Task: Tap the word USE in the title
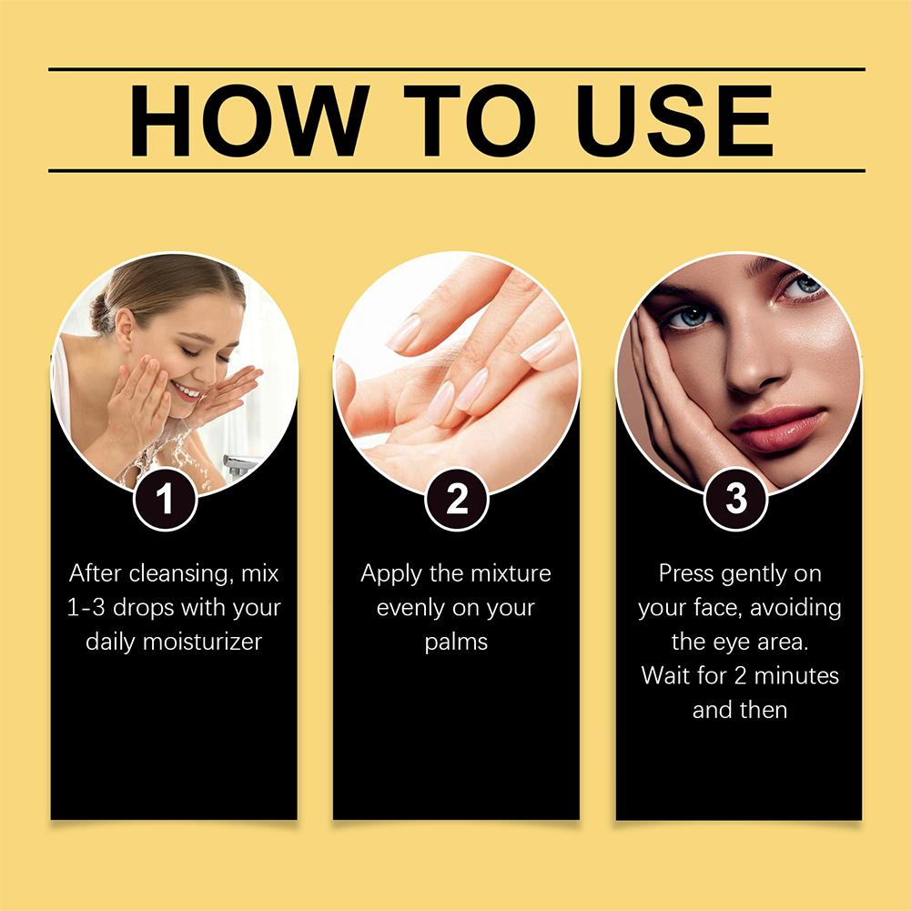pos(674,121)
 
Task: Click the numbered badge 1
pos(165,499)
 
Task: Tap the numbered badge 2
pos(457,499)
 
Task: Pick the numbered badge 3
pos(736,499)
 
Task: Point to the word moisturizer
pos(203,642)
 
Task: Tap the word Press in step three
pos(685,573)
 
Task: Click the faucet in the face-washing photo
pos(239,465)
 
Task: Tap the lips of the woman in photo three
pos(777,429)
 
